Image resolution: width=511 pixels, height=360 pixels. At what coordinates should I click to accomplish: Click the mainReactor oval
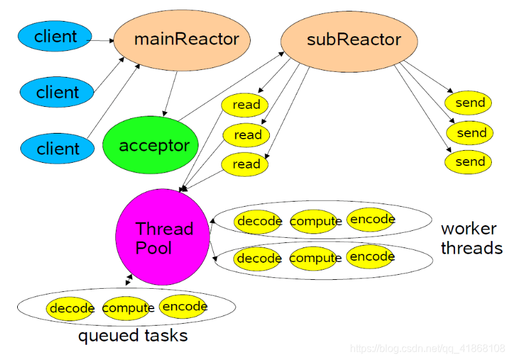[176, 39]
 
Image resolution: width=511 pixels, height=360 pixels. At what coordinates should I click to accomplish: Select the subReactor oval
[349, 39]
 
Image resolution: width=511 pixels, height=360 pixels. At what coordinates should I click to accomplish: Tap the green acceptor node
[151, 146]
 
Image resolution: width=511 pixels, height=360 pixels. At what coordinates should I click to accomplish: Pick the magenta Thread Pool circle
[162, 237]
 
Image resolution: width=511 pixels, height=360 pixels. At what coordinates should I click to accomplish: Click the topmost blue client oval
[55, 37]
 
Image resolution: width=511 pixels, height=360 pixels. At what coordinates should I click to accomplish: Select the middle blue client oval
[57, 93]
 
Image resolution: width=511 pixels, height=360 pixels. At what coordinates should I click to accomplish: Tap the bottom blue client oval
[58, 149]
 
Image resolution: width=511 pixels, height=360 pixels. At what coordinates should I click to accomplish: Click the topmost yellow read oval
[246, 105]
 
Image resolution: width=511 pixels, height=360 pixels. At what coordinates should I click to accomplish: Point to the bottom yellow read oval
[245, 164]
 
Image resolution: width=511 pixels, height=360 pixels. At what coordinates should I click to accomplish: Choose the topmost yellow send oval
[469, 103]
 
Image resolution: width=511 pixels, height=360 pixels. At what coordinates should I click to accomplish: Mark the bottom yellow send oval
[469, 162]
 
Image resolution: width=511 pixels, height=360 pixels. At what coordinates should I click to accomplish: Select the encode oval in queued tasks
[184, 307]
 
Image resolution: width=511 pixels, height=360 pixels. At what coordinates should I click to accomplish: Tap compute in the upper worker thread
[315, 221]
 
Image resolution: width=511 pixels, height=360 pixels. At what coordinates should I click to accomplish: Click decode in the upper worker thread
[258, 221]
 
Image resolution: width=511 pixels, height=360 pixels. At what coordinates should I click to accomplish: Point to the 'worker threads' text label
[471, 239]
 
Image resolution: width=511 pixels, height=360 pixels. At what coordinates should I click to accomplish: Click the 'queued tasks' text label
[132, 335]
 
